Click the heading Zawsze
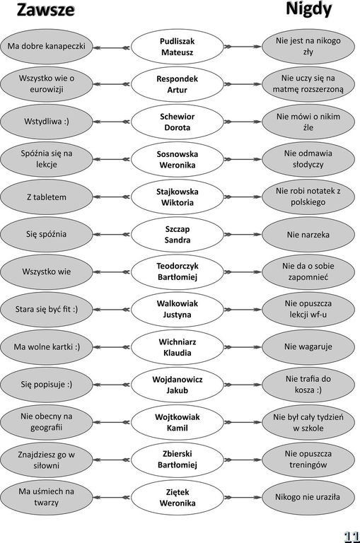tap(45, 10)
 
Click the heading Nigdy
tap(308, 9)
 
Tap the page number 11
tap(352, 535)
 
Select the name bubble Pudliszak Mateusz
tap(177, 47)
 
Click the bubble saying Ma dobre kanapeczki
tap(47, 47)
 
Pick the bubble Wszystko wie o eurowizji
tap(47, 84)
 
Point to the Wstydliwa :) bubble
tap(47, 122)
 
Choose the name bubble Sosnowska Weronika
tap(177, 159)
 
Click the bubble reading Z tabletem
tap(47, 197)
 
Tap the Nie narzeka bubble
tap(308, 235)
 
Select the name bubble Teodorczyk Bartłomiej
tap(177, 271)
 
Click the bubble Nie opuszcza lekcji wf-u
tap(308, 309)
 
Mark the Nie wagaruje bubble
tap(308, 347)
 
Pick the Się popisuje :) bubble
tap(47, 385)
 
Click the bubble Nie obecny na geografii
tap(47, 422)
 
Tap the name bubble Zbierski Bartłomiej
tap(177, 460)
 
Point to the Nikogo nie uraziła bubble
tap(308, 497)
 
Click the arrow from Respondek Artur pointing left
tap(112, 84)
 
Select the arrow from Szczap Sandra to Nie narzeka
tap(243, 235)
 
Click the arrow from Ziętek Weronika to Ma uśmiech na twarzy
tap(112, 498)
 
